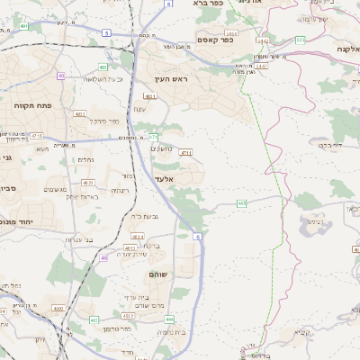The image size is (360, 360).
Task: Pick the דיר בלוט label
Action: (x=332, y=143)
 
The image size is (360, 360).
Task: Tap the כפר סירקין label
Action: (x=106, y=120)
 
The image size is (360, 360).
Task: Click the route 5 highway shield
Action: (x=106, y=32)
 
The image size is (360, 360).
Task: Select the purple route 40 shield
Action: (x=61, y=76)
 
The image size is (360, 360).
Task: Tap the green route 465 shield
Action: (x=242, y=204)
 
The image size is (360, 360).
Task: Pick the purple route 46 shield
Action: (x=103, y=257)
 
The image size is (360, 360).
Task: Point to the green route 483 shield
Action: (x=103, y=67)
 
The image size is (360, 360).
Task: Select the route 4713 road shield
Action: (x=186, y=154)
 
